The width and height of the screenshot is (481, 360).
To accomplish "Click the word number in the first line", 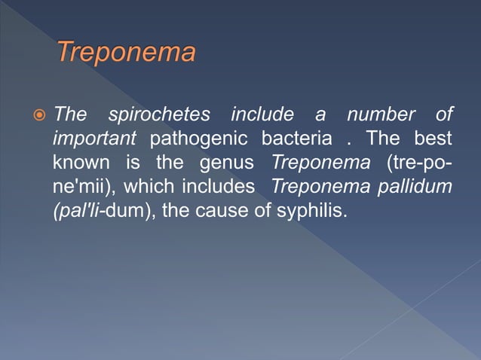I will pyautogui.click(x=381, y=115).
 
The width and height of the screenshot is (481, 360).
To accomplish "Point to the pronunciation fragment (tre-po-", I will pyautogui.click(x=418, y=163).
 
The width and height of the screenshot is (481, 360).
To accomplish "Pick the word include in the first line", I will pyautogui.click(x=262, y=115).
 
